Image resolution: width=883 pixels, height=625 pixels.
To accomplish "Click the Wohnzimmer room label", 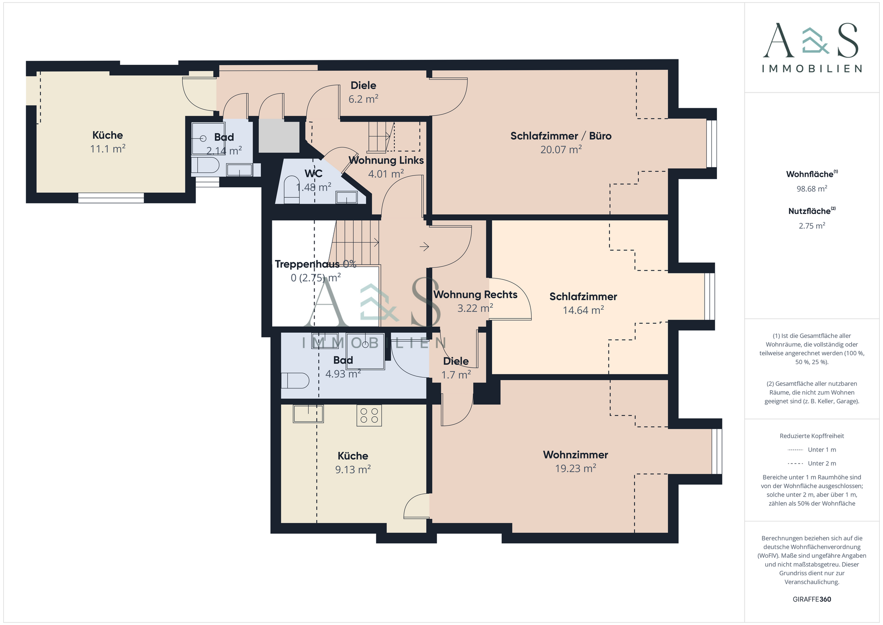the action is pos(575,455).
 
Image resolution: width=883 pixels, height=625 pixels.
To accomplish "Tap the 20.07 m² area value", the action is pos(561,149).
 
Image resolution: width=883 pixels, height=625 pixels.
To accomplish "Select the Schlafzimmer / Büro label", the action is pos(561,136).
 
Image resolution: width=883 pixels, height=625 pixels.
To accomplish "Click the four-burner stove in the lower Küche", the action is pos(369,415).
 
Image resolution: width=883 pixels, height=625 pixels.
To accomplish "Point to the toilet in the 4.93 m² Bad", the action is pos(295,381).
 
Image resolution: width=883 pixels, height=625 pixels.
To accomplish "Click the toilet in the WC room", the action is pos(292,190).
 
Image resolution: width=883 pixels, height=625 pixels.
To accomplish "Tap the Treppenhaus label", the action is pos(307,264).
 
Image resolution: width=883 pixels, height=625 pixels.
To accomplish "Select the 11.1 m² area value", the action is pos(108,149).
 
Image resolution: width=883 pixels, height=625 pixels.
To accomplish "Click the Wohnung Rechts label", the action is pos(475,295).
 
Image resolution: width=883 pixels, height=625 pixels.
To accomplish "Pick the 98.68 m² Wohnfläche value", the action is pos(812,189).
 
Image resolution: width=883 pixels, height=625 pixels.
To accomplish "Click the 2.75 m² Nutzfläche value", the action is pos(812,226).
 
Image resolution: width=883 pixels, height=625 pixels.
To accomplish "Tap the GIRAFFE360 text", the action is pos(812,599).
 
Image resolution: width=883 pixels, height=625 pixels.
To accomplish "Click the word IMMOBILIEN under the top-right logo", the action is pos(812,69).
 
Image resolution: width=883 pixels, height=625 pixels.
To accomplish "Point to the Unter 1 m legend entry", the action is pos(812,450).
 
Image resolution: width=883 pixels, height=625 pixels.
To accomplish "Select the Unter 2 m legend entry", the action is pos(812,463).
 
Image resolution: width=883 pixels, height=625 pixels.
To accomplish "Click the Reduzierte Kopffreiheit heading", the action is pos(812,436).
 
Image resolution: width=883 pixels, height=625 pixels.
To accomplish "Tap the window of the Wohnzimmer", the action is pos(717,451).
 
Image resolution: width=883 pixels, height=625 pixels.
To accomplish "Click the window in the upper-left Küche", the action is pos(111,198).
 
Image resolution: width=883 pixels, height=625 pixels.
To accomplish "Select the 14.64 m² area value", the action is pos(583,310).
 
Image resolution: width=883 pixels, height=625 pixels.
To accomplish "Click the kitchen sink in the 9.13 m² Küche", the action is pos(308,413).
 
